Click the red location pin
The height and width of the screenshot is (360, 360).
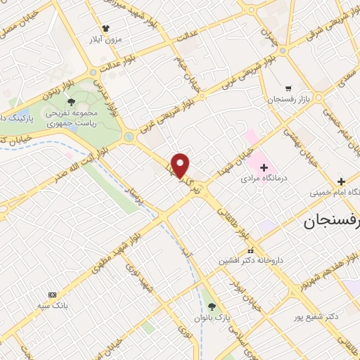click(181, 165)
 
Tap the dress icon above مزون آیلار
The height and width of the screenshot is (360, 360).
click(106, 28)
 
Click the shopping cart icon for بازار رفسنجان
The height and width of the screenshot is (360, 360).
click(288, 89)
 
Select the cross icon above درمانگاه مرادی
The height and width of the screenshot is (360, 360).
click(264, 167)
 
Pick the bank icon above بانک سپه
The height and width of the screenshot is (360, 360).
click(51, 295)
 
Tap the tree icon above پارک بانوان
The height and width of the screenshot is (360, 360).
click(212, 306)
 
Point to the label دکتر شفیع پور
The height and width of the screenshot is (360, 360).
click(314, 318)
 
